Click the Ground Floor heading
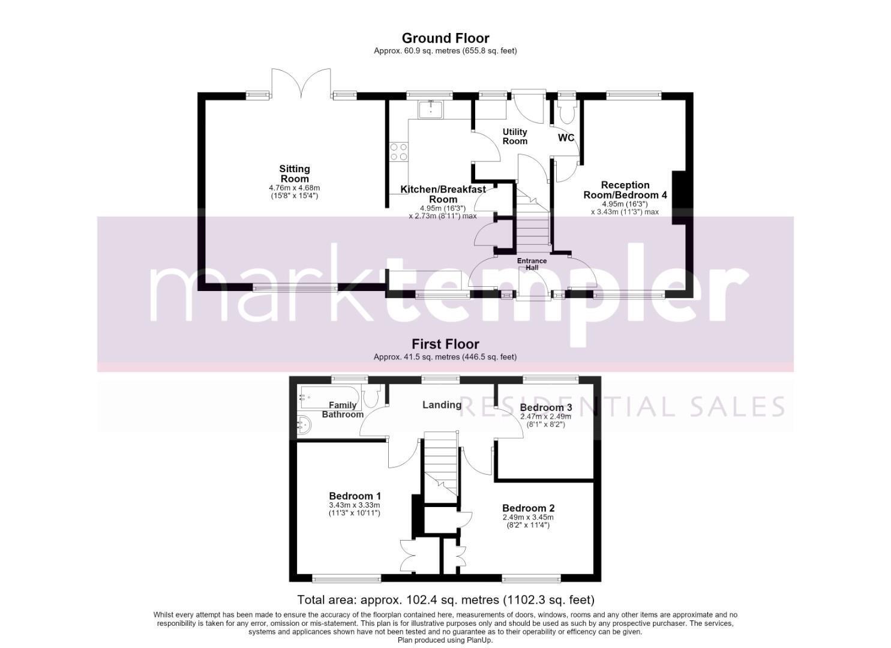[445, 38]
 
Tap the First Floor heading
[445, 344]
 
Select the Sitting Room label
[295, 174]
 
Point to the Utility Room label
[515, 136]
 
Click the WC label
[566, 137]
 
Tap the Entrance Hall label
[532, 264]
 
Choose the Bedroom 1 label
[355, 496]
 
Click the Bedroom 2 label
[528, 508]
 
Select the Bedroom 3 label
[546, 407]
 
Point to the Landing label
[442, 405]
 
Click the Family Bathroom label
[343, 410]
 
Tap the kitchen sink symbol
[430, 109]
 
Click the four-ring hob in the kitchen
[399, 152]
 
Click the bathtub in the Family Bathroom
[330, 397]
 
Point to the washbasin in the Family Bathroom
[305, 425]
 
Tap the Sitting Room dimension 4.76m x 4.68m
[295, 188]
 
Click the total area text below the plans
[446, 599]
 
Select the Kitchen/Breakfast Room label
[443, 194]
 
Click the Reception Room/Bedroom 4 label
[625, 190]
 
